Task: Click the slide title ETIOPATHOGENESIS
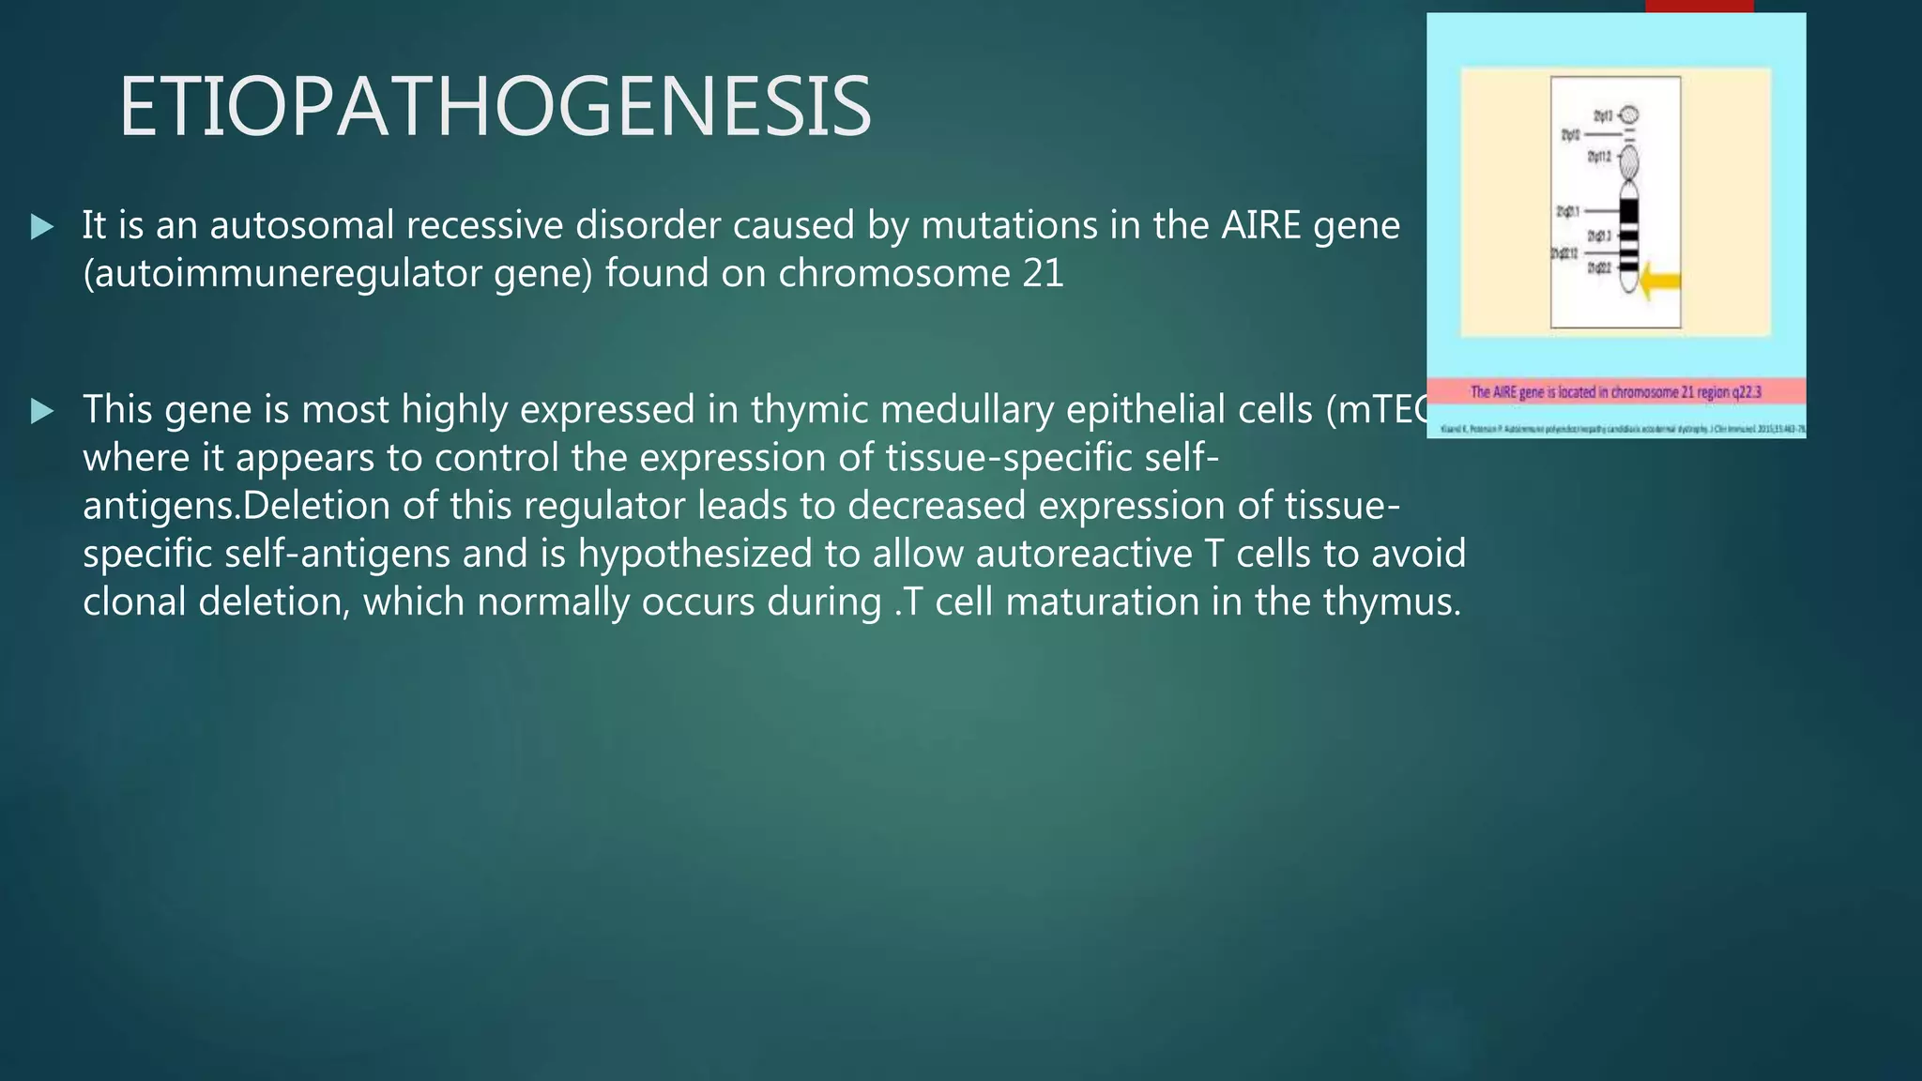coord(495,107)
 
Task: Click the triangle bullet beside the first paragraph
coord(41,226)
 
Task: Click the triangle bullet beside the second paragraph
coord(41,410)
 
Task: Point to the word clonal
coord(134,601)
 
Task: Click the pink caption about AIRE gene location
coord(1615,392)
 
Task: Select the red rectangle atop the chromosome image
coord(1699,6)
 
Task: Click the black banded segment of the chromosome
coord(1629,235)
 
